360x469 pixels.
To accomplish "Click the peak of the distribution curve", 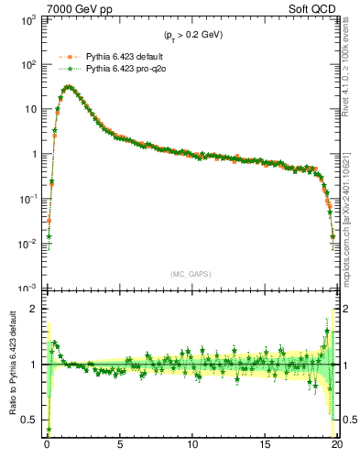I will click(x=68, y=87).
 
